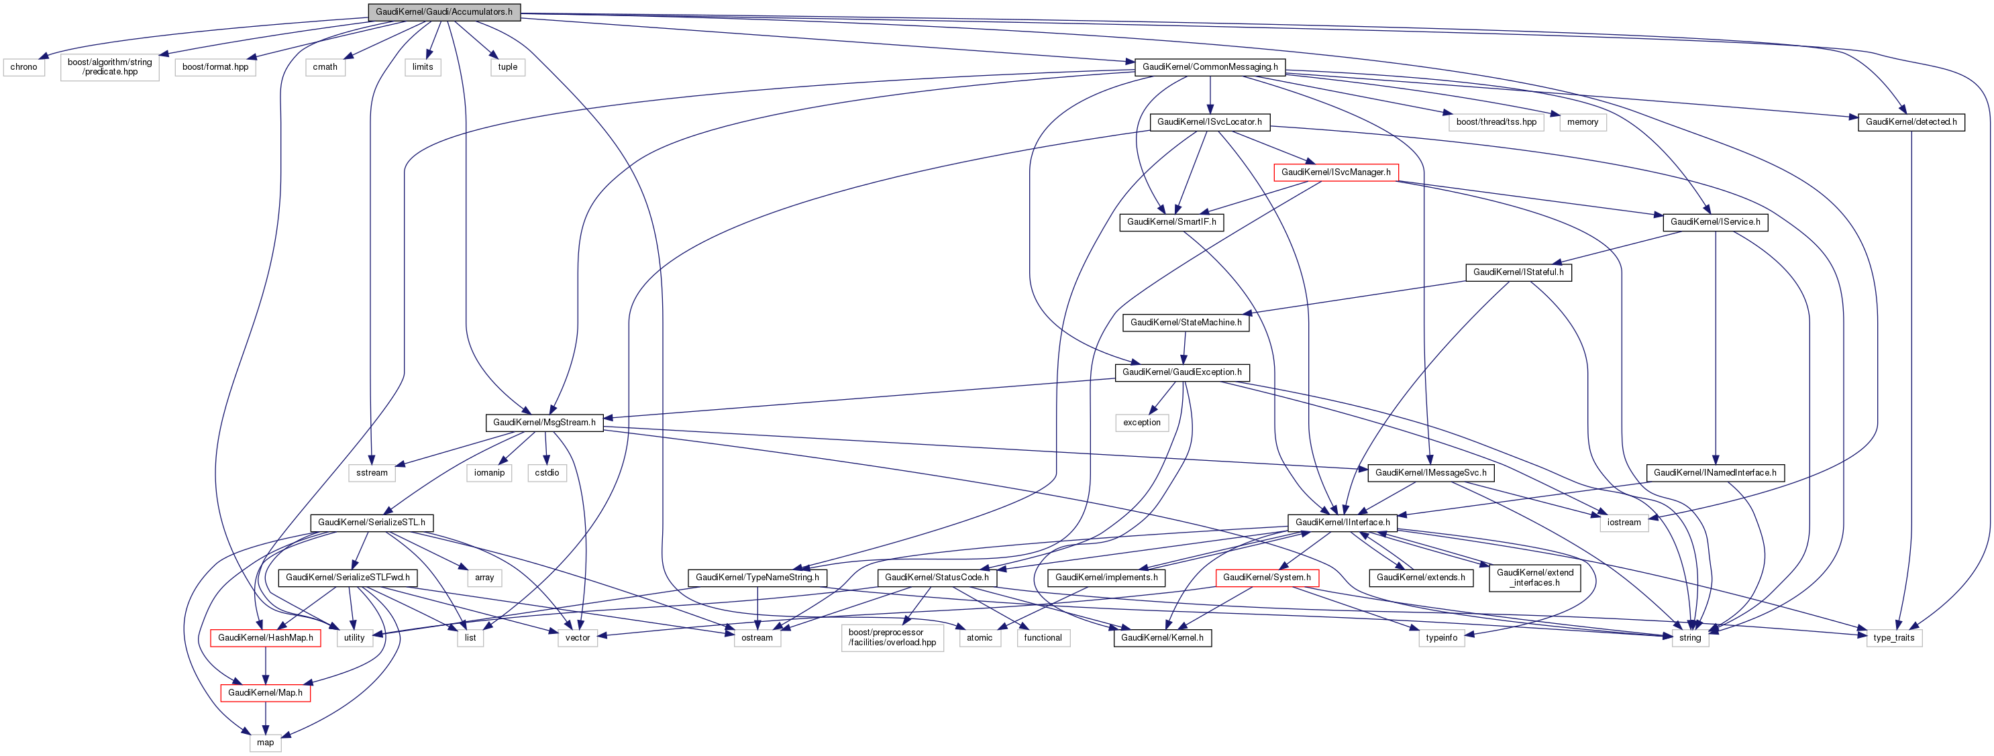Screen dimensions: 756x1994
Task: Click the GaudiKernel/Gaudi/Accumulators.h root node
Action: point(443,11)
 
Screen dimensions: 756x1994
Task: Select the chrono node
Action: point(23,66)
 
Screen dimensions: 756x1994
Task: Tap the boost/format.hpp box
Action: point(215,66)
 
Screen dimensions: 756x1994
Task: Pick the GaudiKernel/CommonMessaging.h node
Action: point(1210,66)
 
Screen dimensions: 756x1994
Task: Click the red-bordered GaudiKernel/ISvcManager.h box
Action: point(1335,172)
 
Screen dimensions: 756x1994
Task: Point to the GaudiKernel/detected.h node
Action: point(1910,121)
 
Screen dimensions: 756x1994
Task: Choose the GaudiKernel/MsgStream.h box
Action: point(544,423)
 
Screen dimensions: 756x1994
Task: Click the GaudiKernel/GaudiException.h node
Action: point(1182,372)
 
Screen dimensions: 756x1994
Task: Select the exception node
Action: point(1142,423)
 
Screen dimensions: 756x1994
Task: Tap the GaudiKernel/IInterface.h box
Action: point(1343,523)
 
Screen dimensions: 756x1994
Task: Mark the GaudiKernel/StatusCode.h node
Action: point(937,578)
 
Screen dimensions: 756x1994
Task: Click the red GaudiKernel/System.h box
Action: point(1266,578)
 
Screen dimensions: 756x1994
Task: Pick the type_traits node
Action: point(1893,638)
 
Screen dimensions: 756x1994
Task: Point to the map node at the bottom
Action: point(266,742)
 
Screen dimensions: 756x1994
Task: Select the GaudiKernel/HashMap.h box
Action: point(266,638)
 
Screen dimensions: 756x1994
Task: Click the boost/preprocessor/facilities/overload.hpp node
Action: point(892,638)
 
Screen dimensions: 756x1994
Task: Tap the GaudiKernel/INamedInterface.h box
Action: point(1715,473)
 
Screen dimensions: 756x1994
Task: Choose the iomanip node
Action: point(489,473)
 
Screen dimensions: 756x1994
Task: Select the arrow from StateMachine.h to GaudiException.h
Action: point(1184,347)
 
